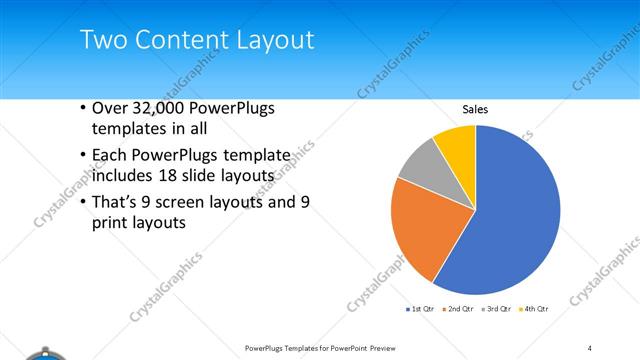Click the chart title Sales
[475, 109]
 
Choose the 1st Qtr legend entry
[417, 309]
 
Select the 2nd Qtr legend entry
[457, 309]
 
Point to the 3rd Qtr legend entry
[497, 309]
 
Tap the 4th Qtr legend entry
[535, 309]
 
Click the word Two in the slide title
[100, 40]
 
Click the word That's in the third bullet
[116, 203]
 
